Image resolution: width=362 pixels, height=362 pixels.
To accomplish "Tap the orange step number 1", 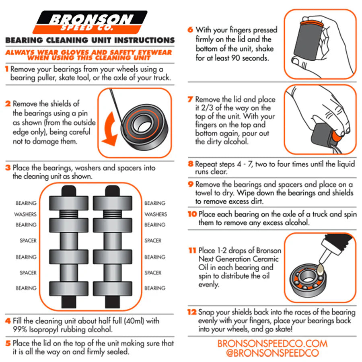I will (7, 69).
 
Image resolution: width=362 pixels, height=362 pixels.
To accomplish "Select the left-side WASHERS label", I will (25, 214).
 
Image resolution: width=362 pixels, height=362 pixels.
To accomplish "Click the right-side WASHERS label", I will (156, 214).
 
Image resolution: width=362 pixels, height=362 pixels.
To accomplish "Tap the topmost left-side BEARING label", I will (26, 204).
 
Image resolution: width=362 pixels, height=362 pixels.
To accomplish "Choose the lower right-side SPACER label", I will (153, 273).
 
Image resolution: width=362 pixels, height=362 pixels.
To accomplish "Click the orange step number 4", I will (8, 321).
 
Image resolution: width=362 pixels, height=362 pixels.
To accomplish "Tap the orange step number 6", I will (191, 30).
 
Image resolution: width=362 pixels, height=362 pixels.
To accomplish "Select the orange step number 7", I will (191, 99).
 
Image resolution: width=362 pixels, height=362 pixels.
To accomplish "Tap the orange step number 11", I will (192, 250).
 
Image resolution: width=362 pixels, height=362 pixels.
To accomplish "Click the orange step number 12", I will (192, 312).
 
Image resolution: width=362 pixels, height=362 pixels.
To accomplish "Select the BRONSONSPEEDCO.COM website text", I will (272, 343).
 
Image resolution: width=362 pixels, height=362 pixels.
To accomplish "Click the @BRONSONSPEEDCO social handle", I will (272, 353).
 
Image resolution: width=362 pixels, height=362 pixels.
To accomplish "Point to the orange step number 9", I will (191, 184).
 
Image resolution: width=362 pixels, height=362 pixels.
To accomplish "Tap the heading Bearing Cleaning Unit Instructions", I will (90, 40).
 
